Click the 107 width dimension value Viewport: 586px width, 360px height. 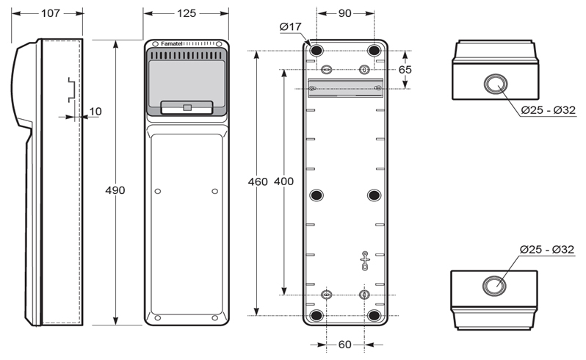[51, 13]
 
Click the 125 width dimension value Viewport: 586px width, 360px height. [186, 13]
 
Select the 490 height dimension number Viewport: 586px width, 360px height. [115, 190]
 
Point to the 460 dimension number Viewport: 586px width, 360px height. [258, 181]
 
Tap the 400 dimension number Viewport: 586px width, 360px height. [283, 181]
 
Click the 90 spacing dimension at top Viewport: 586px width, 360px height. [344, 13]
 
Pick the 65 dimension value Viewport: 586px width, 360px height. [405, 70]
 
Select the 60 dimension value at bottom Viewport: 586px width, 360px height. [344, 345]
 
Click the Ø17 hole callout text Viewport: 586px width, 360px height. [290, 26]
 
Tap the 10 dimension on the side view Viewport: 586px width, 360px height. [95, 112]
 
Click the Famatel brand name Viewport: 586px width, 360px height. [172, 44]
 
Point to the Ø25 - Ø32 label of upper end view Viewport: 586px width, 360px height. [549, 110]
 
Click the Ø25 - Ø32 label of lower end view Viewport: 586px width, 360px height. [547, 249]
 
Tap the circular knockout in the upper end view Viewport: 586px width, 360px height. [496, 84]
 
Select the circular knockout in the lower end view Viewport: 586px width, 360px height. [494, 286]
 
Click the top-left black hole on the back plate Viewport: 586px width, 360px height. [316, 50]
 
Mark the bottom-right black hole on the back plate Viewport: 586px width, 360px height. [374, 315]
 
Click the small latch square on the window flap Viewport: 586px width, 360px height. [187, 108]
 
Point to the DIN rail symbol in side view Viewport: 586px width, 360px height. [72, 90]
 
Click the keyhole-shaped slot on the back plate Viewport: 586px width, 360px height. [365, 261]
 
